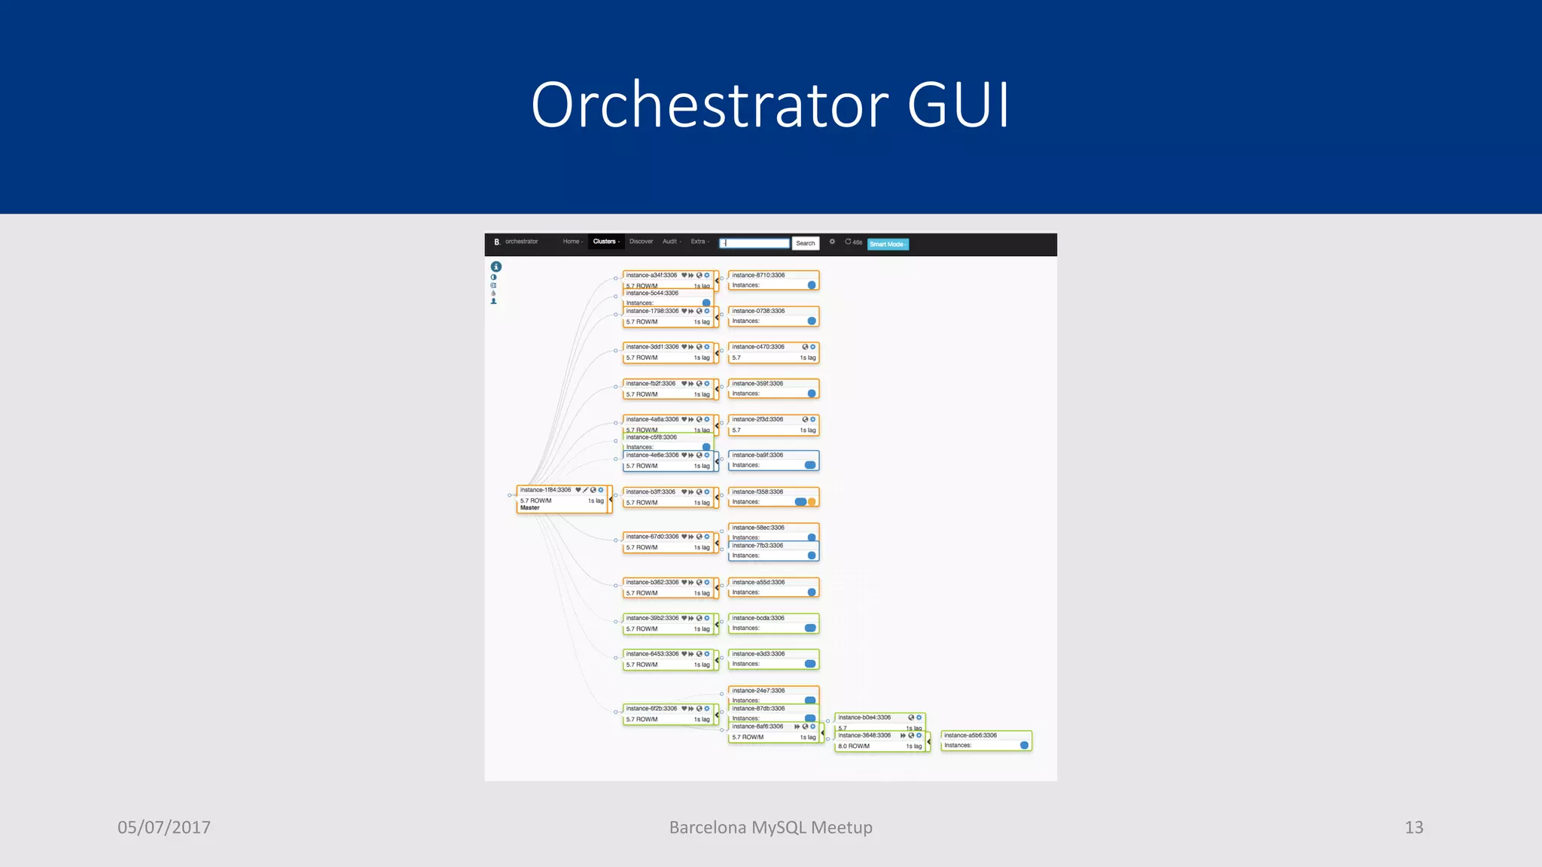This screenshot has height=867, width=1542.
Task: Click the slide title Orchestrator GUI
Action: (770, 105)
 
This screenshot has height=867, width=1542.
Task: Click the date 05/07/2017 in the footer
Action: (164, 827)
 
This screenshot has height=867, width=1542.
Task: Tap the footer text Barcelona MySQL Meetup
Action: (770, 827)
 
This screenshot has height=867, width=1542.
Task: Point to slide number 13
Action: (1413, 827)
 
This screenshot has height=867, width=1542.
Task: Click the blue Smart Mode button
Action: (888, 244)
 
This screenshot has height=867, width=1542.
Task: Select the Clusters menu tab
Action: (605, 242)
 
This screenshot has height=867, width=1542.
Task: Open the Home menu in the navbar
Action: (572, 242)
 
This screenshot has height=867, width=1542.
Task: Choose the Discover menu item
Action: (641, 242)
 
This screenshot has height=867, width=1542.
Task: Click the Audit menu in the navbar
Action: (671, 242)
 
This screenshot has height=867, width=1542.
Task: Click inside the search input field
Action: (755, 243)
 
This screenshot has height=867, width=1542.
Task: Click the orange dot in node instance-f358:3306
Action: (812, 502)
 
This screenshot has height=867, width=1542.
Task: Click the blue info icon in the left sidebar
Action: (496, 266)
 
